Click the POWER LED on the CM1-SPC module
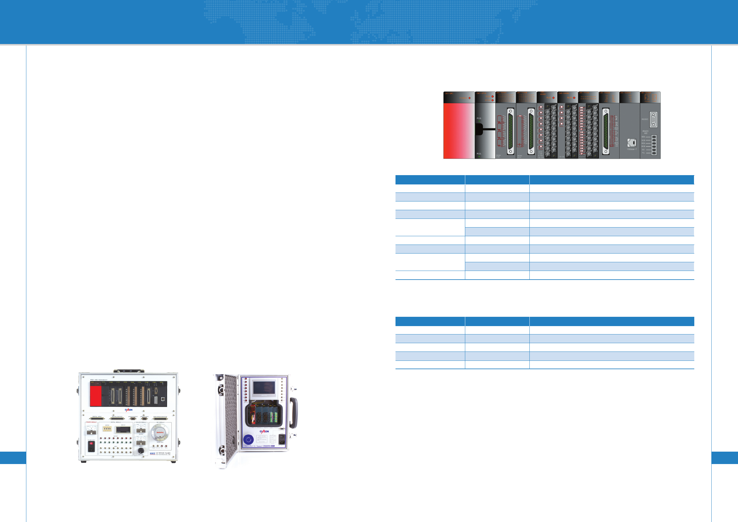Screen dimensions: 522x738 469,98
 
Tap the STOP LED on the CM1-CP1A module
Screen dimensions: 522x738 493,100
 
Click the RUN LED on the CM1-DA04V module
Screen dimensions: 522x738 574,98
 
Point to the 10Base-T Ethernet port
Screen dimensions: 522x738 632,143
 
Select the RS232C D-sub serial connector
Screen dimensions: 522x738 653,120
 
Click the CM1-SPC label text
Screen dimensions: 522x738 449,94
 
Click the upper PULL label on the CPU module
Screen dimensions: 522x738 479,118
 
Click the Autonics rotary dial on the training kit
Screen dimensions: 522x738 160,432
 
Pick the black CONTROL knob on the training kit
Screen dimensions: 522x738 141,451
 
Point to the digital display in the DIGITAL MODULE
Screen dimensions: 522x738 123,429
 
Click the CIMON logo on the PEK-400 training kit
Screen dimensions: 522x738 129,410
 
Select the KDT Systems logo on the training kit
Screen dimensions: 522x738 153,454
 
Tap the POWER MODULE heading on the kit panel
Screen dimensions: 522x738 91,422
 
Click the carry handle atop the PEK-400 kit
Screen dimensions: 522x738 129,371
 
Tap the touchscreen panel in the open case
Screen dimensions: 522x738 263,388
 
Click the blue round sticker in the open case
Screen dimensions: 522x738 249,440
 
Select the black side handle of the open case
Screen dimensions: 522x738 294,413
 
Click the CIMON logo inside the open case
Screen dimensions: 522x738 264,431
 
